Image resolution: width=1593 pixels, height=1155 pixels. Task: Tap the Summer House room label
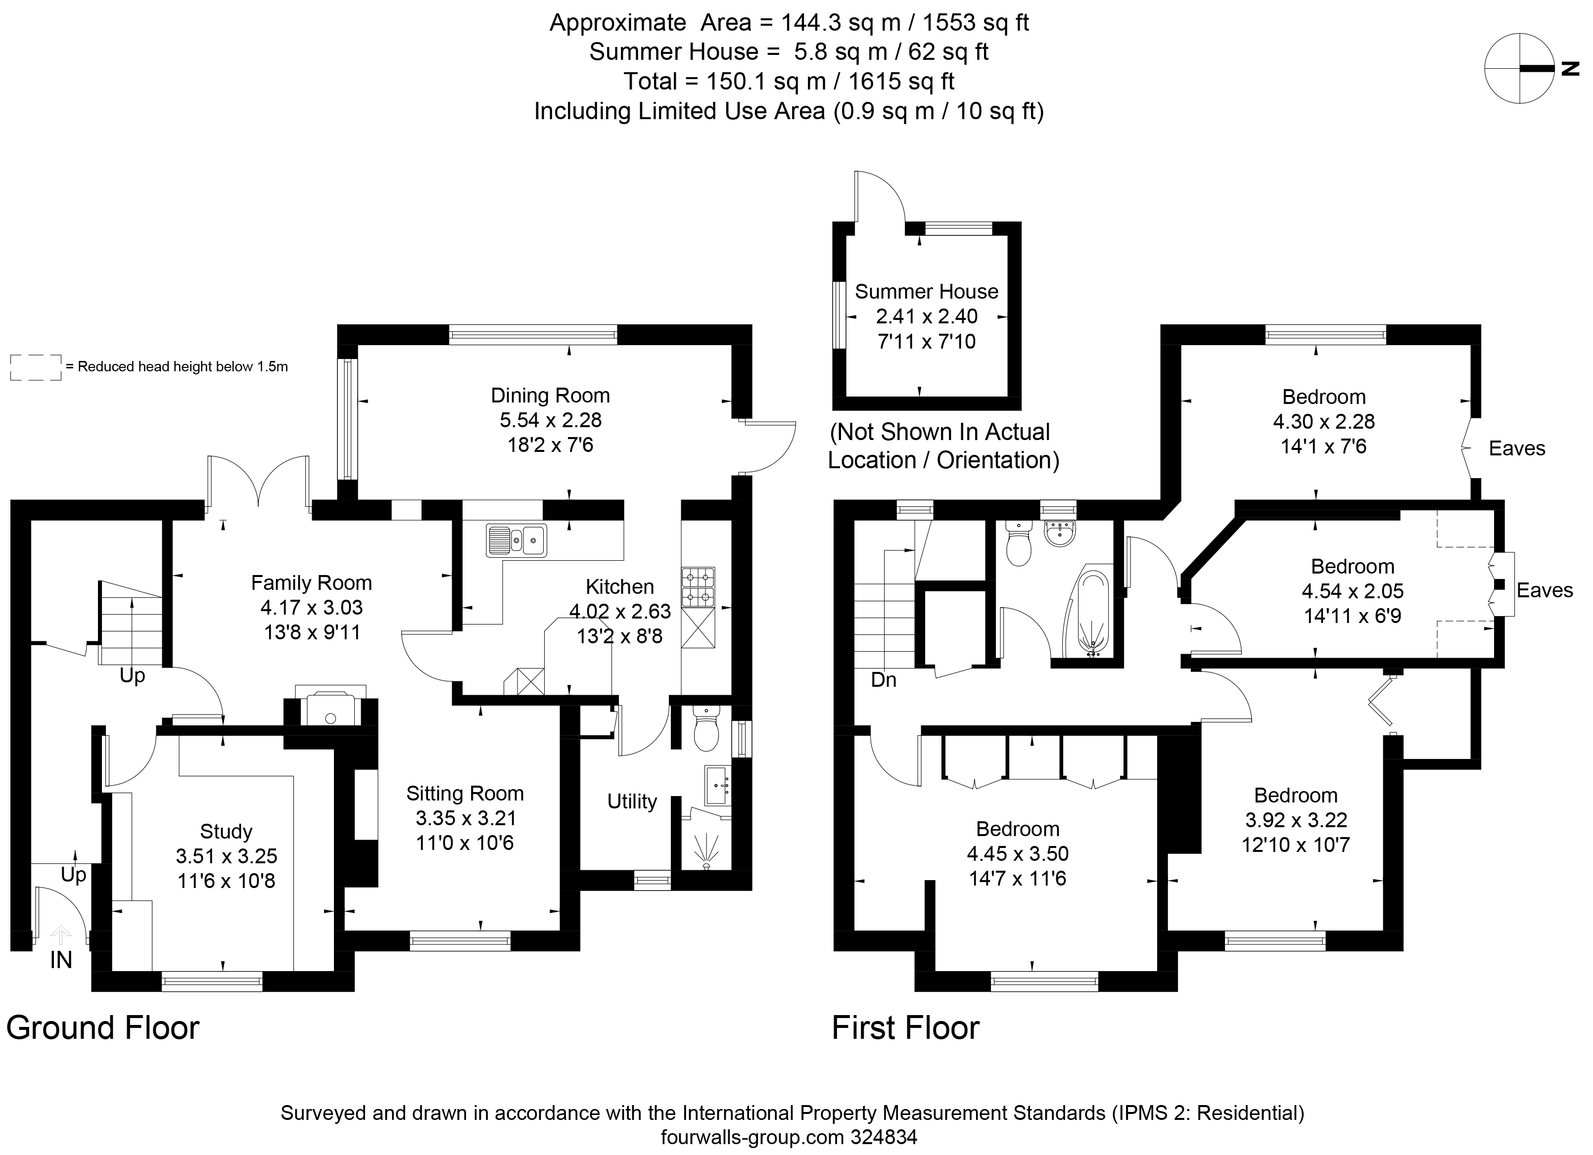click(927, 291)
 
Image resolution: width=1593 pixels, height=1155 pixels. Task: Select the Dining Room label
click(550, 395)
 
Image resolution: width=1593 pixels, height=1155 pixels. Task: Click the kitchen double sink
click(516, 540)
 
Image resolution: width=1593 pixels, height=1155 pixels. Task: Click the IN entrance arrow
click(61, 934)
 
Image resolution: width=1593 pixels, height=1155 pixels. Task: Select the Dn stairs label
click(884, 680)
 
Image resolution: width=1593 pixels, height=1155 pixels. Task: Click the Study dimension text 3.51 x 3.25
click(226, 856)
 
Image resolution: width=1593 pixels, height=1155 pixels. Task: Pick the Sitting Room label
click(465, 794)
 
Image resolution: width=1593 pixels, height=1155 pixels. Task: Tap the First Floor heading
click(905, 1028)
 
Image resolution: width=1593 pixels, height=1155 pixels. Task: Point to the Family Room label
click(311, 583)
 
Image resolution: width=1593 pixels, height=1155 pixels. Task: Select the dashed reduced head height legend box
click(36, 368)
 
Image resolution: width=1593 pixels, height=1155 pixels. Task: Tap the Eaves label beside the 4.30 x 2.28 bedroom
click(1517, 448)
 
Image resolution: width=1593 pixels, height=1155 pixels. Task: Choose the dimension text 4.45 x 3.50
click(1018, 854)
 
